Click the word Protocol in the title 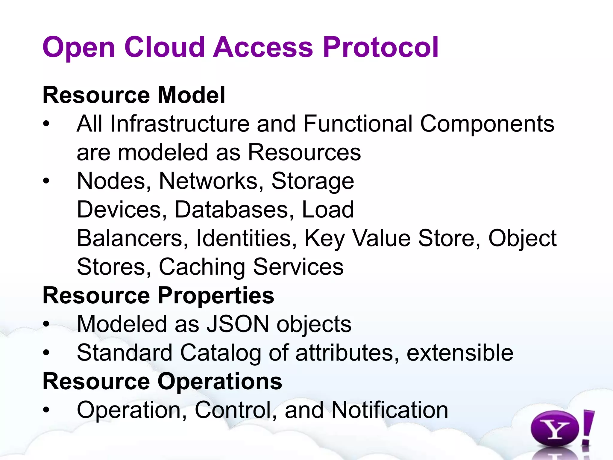[x=381, y=47]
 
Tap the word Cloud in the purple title [x=164, y=47]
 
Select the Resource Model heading [x=134, y=95]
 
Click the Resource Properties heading [x=158, y=296]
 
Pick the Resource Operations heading [x=162, y=382]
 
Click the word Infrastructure [x=180, y=124]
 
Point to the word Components [x=487, y=124]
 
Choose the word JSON [x=238, y=324]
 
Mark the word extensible [x=460, y=353]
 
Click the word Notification [x=390, y=410]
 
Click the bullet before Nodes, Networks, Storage [x=46, y=181]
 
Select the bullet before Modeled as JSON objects [x=46, y=324]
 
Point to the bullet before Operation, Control [x=46, y=410]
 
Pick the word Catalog [x=220, y=353]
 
